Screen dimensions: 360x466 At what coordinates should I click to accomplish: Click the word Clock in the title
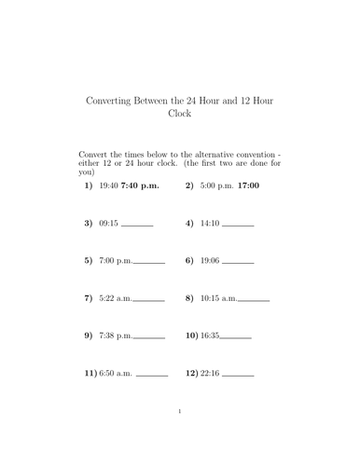tap(179, 114)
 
